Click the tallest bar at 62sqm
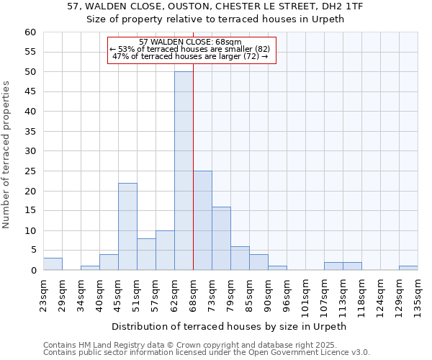[184, 171]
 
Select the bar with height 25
[202, 220]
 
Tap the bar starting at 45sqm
[127, 227]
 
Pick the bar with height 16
[221, 238]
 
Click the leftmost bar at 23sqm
[53, 264]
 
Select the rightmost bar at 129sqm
[408, 268]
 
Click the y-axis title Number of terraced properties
[6, 155]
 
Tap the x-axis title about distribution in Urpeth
[230, 326]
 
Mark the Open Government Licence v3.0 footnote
[206, 352]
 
